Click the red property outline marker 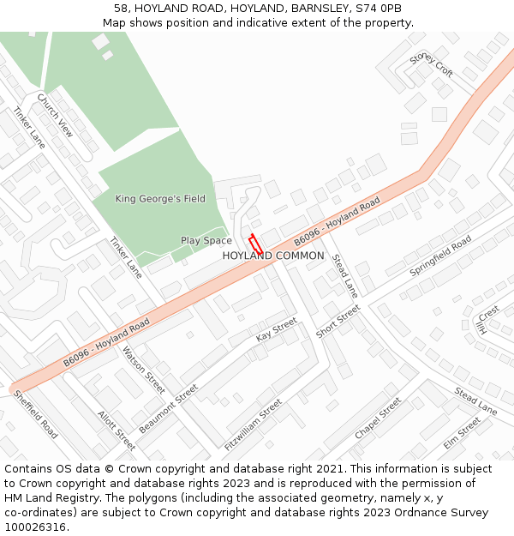(x=254, y=244)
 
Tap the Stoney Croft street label (x=431, y=64)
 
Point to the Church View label (x=55, y=115)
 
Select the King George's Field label (x=160, y=199)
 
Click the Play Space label (x=206, y=241)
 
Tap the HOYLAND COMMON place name (x=273, y=256)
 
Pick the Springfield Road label (x=440, y=256)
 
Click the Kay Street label (x=276, y=329)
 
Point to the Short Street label (x=338, y=321)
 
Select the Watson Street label (x=143, y=370)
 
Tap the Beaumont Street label (x=169, y=407)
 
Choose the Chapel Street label (x=378, y=418)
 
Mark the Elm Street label (x=462, y=433)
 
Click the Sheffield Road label (x=35, y=414)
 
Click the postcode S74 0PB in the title (x=380, y=8)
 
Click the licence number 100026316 (x=35, y=527)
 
